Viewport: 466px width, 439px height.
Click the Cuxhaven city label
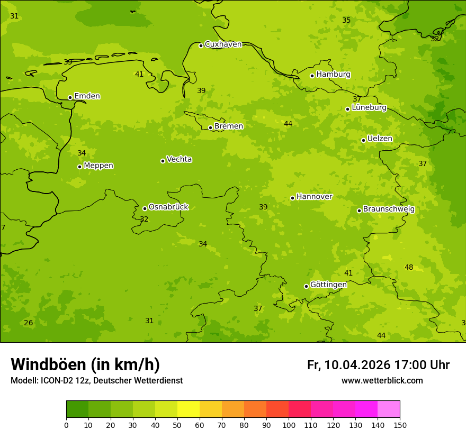click(x=223, y=44)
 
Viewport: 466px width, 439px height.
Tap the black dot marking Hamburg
click(x=312, y=76)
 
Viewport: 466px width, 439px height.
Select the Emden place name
click(x=87, y=96)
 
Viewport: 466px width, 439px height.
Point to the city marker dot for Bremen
click(x=210, y=127)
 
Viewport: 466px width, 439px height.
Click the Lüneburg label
click(x=369, y=107)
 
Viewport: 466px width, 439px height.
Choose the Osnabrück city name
click(x=168, y=207)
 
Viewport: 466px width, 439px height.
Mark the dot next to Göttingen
click(x=306, y=286)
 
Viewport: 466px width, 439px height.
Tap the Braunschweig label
click(x=389, y=209)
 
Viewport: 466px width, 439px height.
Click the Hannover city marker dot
click(x=292, y=198)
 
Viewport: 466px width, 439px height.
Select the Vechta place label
click(x=179, y=159)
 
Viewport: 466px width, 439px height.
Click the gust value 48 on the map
click(x=409, y=267)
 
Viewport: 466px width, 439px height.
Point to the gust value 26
click(x=29, y=323)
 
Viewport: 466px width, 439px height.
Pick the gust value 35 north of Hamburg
click(x=346, y=20)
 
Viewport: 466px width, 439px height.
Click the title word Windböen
click(x=48, y=364)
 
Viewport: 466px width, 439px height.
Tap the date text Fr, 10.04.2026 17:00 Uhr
click(x=378, y=365)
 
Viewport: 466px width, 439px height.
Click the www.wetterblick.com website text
click(x=382, y=380)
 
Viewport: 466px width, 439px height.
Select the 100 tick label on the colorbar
click(x=289, y=425)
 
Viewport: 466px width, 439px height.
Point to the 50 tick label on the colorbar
click(x=177, y=425)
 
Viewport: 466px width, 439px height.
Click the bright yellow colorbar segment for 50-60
click(x=189, y=409)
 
